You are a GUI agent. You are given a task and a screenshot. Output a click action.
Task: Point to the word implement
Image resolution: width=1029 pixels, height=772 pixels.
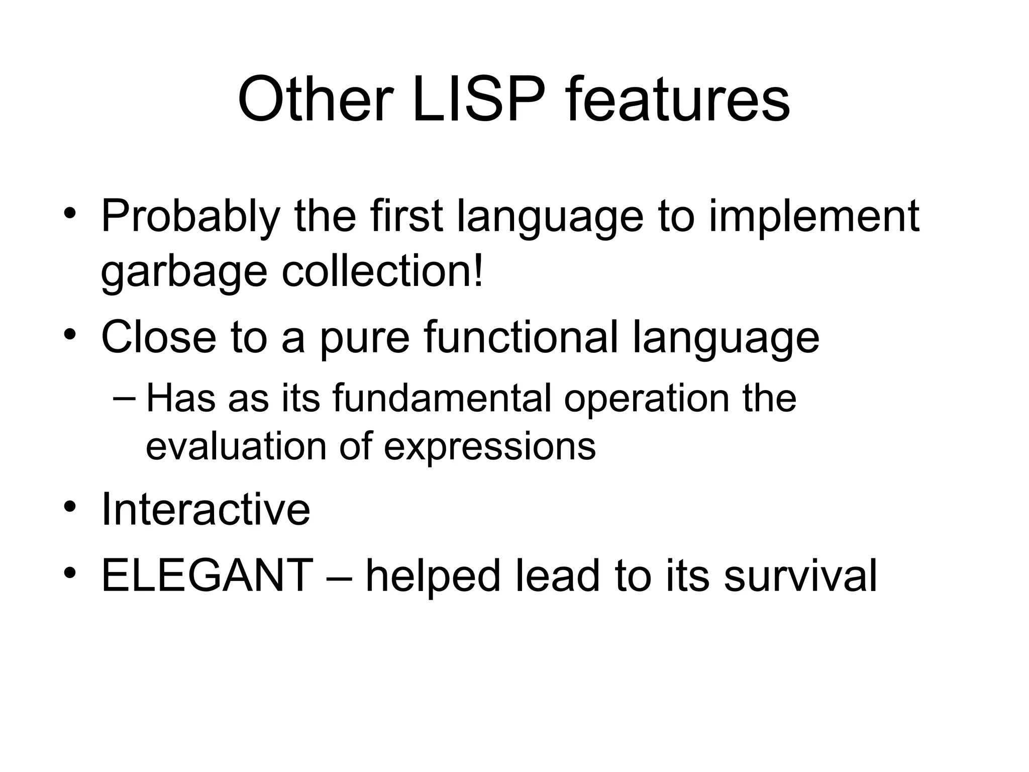point(814,218)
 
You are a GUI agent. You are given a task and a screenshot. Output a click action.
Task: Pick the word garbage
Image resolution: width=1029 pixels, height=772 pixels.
point(184,273)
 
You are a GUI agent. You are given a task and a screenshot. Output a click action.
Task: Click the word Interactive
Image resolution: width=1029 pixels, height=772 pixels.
point(205,509)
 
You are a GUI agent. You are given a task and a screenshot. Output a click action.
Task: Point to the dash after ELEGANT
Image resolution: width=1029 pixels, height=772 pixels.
point(340,576)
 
